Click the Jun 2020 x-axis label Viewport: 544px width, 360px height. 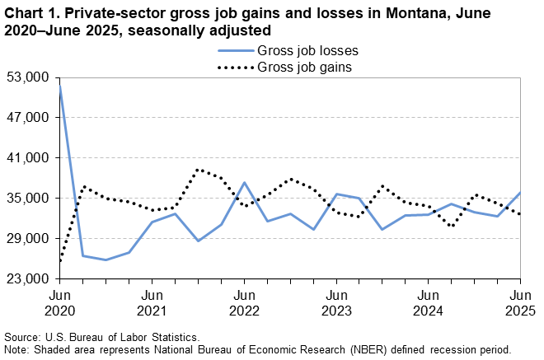click(59, 302)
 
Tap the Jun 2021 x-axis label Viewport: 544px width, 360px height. click(152, 302)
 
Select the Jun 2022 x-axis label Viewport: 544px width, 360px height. click(244, 302)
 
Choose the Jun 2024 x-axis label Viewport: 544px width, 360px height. click(428, 302)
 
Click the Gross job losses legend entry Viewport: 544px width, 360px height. click(312, 50)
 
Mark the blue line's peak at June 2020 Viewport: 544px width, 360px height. click(60, 86)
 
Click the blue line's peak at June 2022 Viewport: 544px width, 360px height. click(244, 183)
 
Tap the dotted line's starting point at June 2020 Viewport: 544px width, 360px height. click(60, 262)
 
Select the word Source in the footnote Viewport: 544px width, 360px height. click(22, 338)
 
